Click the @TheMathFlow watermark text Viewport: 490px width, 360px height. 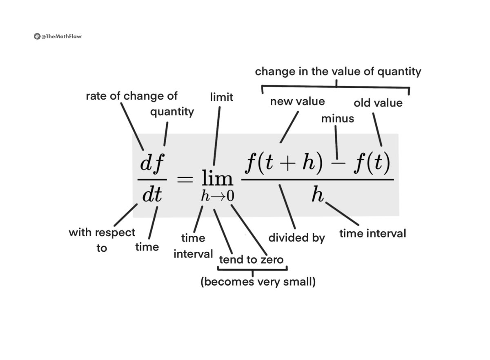pyautogui.click(x=61, y=36)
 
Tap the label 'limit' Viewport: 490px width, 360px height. pyautogui.click(x=221, y=97)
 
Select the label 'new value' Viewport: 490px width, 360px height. pyautogui.click(x=297, y=101)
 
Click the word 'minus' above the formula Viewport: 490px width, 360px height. pyautogui.click(x=337, y=119)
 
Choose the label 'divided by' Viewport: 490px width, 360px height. pyautogui.click(x=296, y=237)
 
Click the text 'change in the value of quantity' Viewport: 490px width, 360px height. pyautogui.click(x=338, y=72)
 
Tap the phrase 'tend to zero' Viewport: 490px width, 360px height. pyautogui.click(x=251, y=259)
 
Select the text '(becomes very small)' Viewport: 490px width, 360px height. pyautogui.click(x=258, y=282)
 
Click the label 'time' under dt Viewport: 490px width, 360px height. pyautogui.click(x=147, y=247)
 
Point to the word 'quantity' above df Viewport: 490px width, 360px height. pyautogui.click(x=172, y=112)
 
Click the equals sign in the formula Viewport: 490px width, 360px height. pyautogui.click(x=185, y=179)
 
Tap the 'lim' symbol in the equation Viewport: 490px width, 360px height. pyautogui.click(x=217, y=179)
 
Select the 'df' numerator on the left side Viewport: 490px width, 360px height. pyautogui.click(x=152, y=164)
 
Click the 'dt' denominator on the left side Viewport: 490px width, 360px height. pyautogui.click(x=152, y=196)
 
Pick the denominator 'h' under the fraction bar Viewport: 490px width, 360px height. pyautogui.click(x=317, y=195)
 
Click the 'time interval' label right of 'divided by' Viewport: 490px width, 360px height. pyautogui.click(x=373, y=233)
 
